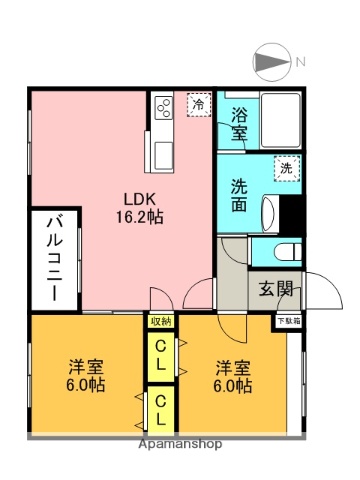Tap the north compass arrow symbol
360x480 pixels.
pyautogui.click(x=271, y=62)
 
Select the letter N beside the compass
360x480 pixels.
pyautogui.click(x=299, y=63)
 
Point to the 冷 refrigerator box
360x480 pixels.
pyautogui.click(x=198, y=104)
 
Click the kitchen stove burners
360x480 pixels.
pyautogui.click(x=162, y=111)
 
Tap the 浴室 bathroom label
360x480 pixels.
pyautogui.click(x=239, y=122)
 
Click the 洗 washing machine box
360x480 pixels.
pyautogui.click(x=286, y=169)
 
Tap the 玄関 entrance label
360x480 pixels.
pyautogui.click(x=277, y=290)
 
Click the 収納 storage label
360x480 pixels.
pyautogui.click(x=160, y=321)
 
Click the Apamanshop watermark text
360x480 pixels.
pyautogui.click(x=179, y=443)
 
